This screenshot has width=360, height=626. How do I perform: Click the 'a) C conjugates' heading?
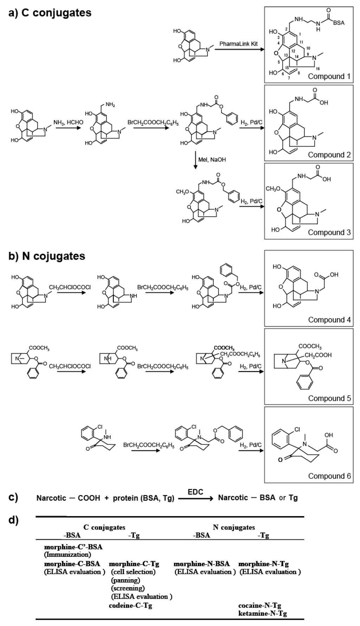point(50,13)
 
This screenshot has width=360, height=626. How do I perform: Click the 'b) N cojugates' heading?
point(47,256)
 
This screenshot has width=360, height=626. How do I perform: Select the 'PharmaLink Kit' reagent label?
point(238,44)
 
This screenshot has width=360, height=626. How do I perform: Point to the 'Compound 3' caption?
point(329,232)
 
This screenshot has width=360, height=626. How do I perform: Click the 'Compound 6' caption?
point(329,476)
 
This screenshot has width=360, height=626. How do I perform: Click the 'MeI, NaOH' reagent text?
point(212,159)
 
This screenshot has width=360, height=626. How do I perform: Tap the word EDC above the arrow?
point(195,492)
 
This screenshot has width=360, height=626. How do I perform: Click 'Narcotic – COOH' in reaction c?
point(68,498)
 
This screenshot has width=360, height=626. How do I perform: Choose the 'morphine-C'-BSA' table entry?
point(73,547)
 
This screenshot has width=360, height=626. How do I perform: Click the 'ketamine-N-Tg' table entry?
point(262,613)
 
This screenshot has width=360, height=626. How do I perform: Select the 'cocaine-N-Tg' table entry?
point(259,605)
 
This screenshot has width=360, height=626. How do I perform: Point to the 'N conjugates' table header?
point(234,527)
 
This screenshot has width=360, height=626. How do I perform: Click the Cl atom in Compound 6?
point(297,429)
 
